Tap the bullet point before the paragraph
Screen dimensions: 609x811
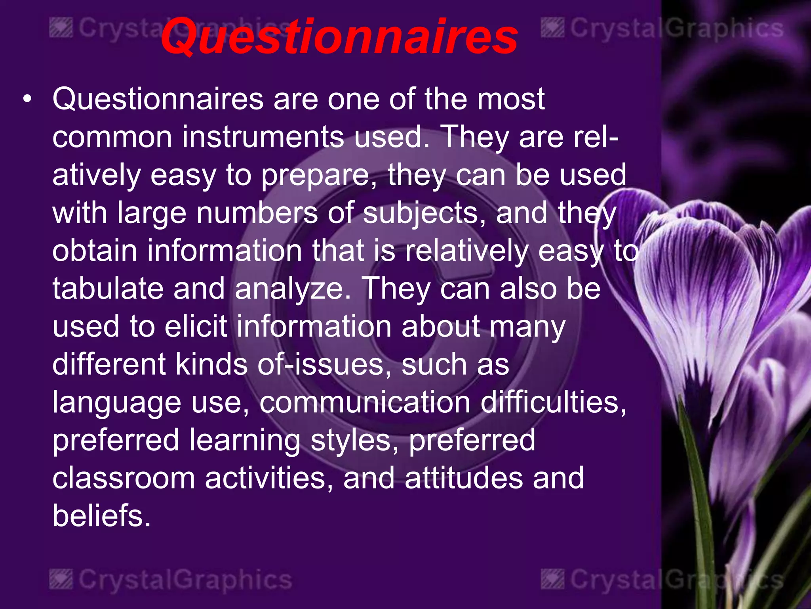27,99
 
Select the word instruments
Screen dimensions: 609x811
263,137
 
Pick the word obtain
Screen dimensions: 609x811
95,251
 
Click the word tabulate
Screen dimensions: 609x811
108,289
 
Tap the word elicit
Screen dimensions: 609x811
196,326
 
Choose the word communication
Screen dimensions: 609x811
365,402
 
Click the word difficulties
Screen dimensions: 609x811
553,402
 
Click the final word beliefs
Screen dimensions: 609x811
101,516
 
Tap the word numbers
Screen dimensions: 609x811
257,213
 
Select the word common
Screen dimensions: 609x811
112,137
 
